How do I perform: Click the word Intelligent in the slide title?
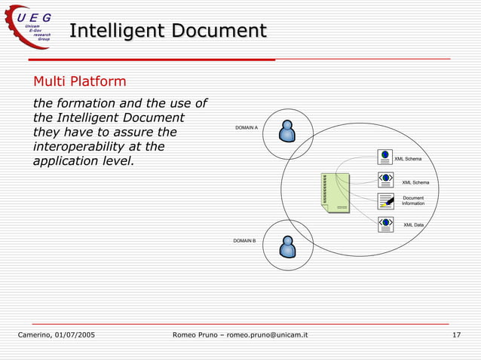tap(115, 31)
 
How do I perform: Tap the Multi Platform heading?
tap(79, 81)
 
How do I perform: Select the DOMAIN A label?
tap(247, 128)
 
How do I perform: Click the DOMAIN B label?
tap(244, 240)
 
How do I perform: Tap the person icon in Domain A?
tap(286, 131)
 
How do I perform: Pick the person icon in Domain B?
tap(286, 246)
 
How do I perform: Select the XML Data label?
tap(413, 225)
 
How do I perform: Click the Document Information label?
tap(413, 201)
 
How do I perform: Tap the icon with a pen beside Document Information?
tap(386, 201)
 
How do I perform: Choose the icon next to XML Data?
tap(386, 224)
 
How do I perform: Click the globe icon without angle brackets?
tap(385, 157)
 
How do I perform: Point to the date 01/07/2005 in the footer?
tap(74, 334)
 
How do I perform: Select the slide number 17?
tap(456, 334)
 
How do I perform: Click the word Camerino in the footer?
tap(34, 334)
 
